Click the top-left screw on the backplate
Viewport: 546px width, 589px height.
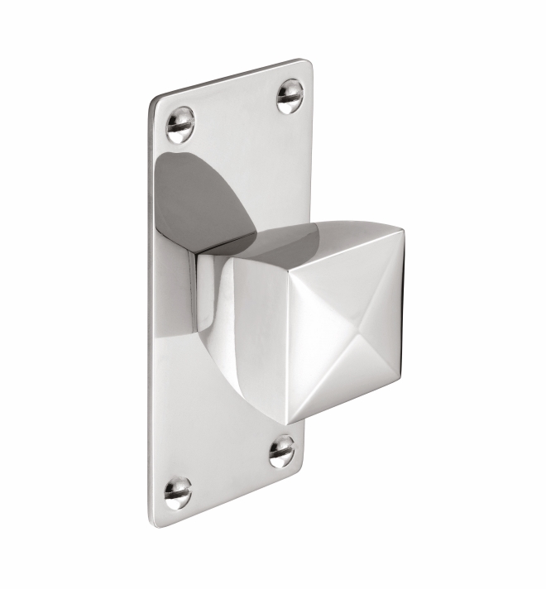180,124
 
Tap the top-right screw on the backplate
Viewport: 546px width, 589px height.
290,96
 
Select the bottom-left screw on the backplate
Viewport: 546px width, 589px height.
177,491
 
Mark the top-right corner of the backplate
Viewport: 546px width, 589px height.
309,62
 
